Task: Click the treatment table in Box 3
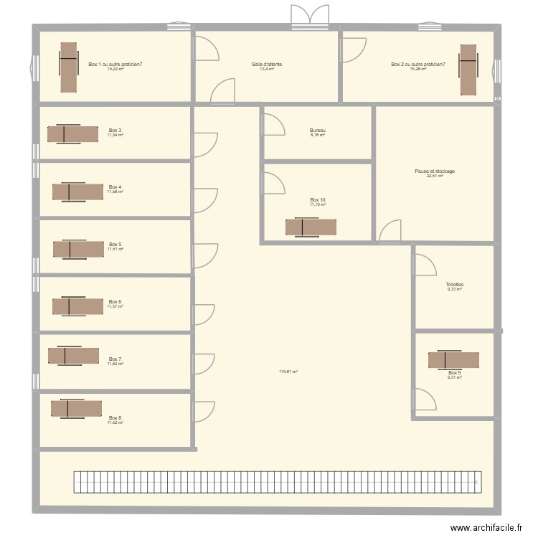[73, 134]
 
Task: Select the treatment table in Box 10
[311, 227]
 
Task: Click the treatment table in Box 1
[67, 67]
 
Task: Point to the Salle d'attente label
[266, 65]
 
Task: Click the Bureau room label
[318, 131]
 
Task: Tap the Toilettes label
[454, 284]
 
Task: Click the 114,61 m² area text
[288, 372]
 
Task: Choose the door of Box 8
[204, 411]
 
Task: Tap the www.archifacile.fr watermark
[489, 527]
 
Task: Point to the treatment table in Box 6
[77, 306]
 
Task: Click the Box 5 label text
[115, 245]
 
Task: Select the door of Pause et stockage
[390, 231]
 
